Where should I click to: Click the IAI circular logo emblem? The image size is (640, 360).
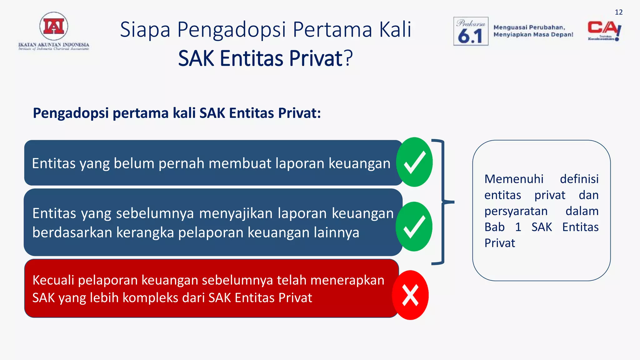[54, 27]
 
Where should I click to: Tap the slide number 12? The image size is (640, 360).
[618, 12]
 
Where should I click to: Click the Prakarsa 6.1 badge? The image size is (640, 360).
[471, 31]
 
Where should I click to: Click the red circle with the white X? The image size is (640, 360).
[410, 295]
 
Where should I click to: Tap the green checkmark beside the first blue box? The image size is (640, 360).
[414, 162]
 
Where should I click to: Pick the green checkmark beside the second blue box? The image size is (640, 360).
[414, 227]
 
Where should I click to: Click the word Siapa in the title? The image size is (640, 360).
[145, 30]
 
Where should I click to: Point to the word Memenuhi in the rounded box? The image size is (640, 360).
[514, 179]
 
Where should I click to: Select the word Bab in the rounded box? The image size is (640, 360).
[494, 227]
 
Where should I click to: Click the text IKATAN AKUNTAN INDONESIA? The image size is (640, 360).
[54, 45]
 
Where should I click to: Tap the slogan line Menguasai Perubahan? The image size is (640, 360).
[529, 27]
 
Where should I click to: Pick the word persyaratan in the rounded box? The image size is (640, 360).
[516, 211]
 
